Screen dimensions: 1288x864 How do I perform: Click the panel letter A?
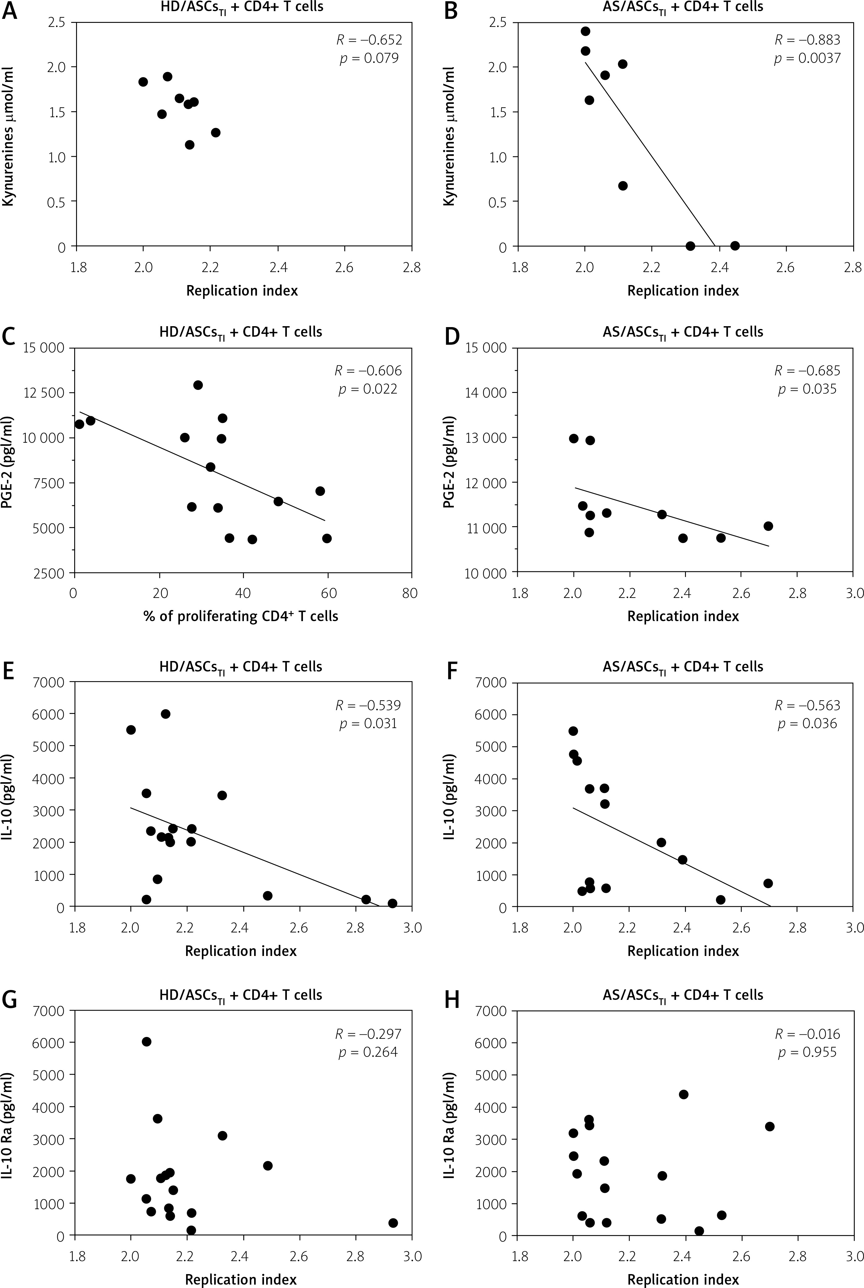(10, 11)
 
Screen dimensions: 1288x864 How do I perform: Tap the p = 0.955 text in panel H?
(807, 1053)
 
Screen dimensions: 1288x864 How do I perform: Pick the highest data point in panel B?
(585, 32)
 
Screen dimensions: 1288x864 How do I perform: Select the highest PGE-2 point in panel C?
(198, 385)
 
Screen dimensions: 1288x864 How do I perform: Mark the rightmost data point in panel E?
(392, 903)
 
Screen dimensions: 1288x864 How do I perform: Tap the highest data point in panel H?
(683, 1094)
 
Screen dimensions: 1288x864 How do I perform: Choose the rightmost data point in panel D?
(768, 526)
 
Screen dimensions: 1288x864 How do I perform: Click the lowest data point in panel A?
(189, 145)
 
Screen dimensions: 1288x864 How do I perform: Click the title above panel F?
(683, 667)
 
